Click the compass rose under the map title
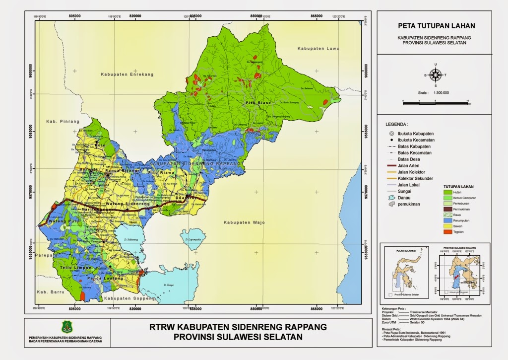pyautogui.click(x=436, y=75)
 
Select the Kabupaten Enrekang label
pyautogui.click(x=127, y=74)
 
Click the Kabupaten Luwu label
pyautogui.click(x=318, y=49)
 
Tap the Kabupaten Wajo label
pyautogui.click(x=244, y=222)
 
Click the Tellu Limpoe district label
pyautogui.click(x=75, y=268)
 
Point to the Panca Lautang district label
pyautogui.click(x=105, y=279)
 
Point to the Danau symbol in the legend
pyautogui.click(x=391, y=197)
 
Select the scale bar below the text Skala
pyautogui.click(x=435, y=102)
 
